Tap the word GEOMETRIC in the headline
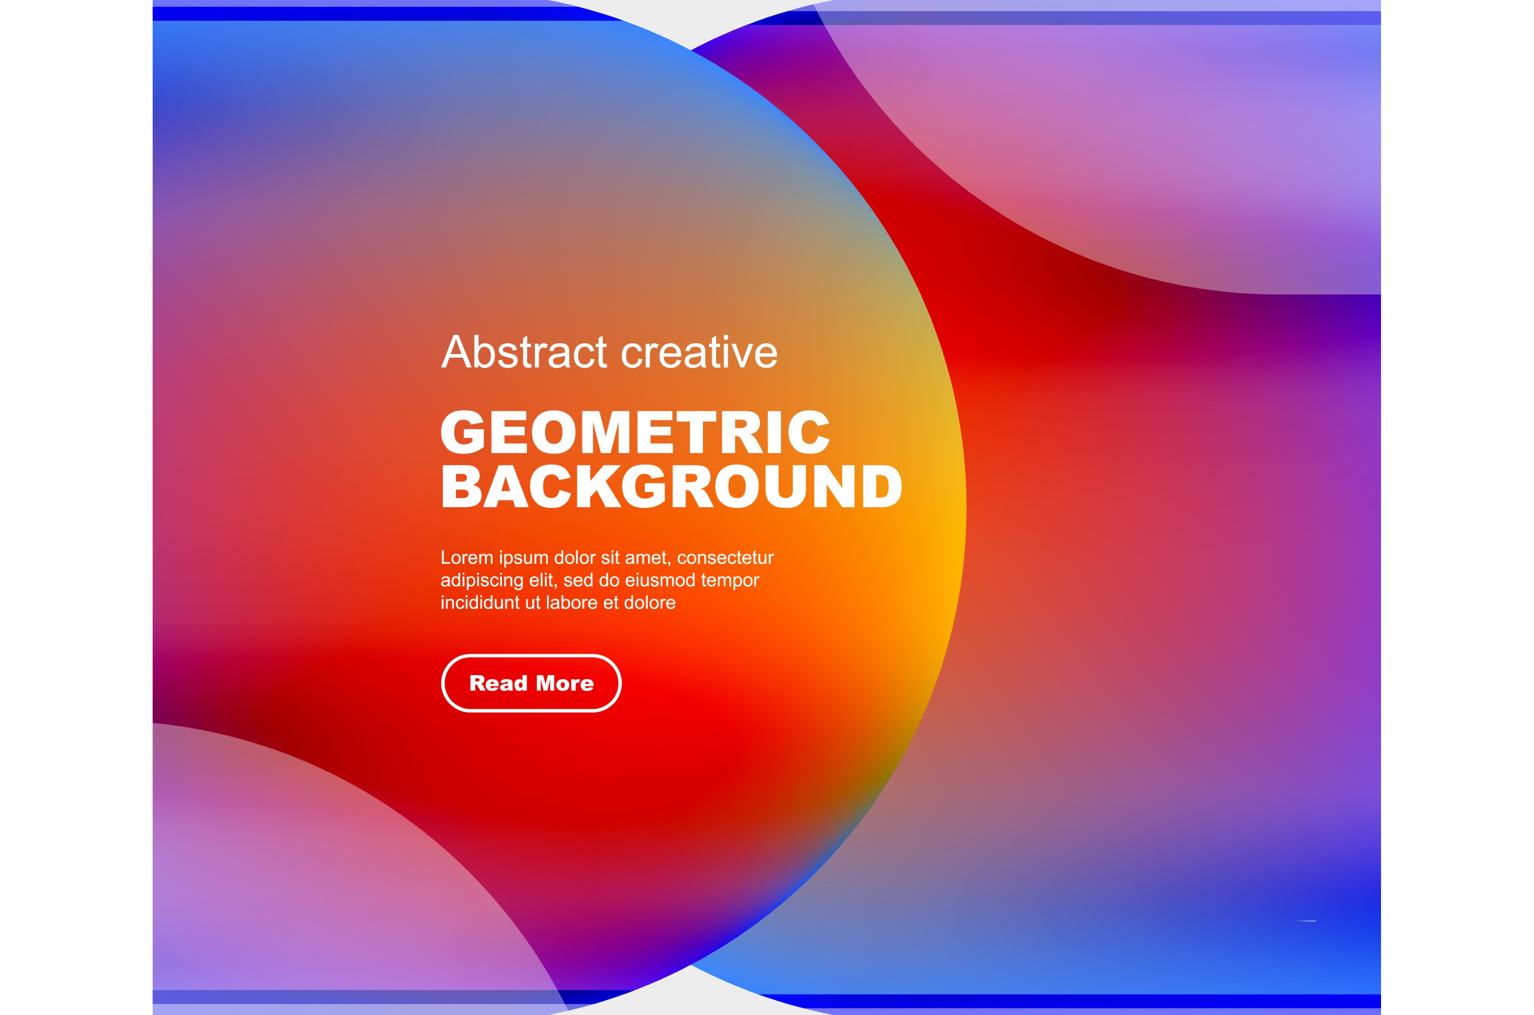click(x=635, y=432)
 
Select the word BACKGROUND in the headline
click(x=671, y=486)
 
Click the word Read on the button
click(x=498, y=684)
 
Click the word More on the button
click(x=565, y=684)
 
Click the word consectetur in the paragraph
click(x=725, y=558)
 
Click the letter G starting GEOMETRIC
click(x=463, y=432)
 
